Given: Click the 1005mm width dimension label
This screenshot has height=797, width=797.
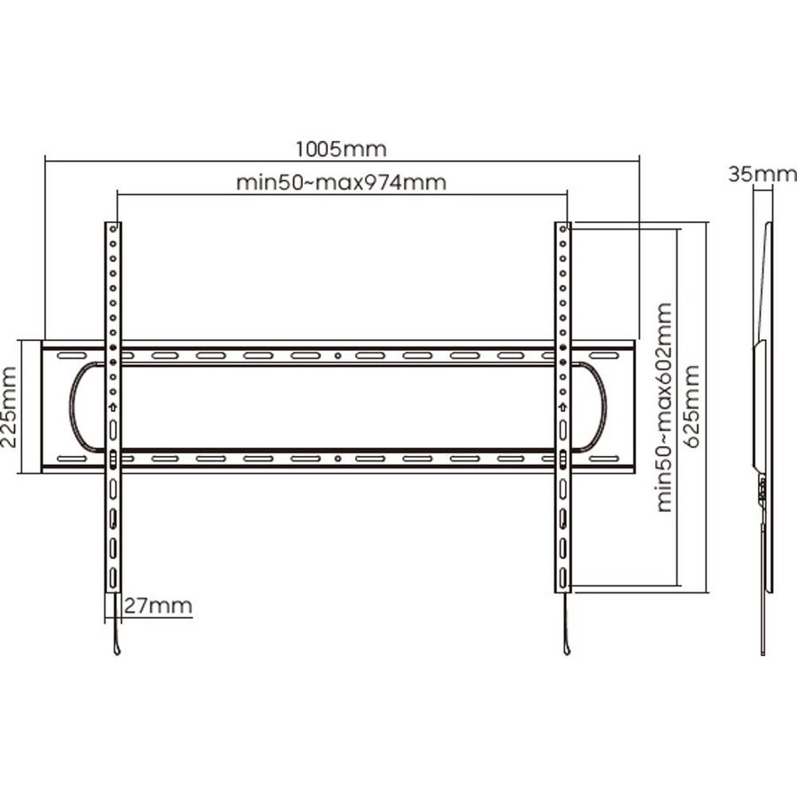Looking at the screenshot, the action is pos(341,150).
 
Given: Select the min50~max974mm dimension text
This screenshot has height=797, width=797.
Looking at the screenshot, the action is pos(342,182).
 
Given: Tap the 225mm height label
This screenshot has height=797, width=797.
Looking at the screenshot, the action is pos(9,407).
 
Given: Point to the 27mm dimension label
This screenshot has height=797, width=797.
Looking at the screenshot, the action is pos(159,606).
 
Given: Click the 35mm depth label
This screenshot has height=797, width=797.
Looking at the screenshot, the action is pos(762,174).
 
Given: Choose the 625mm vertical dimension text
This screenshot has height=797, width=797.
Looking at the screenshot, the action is pos(692,406).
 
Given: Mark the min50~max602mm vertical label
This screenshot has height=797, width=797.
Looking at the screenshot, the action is pos(665,407).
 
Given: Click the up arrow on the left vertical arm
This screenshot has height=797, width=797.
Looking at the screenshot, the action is pos(112,407).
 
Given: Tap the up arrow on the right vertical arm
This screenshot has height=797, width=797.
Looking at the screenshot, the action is pos(562,407).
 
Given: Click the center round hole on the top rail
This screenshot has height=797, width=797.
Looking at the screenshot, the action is pos(338,356).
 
